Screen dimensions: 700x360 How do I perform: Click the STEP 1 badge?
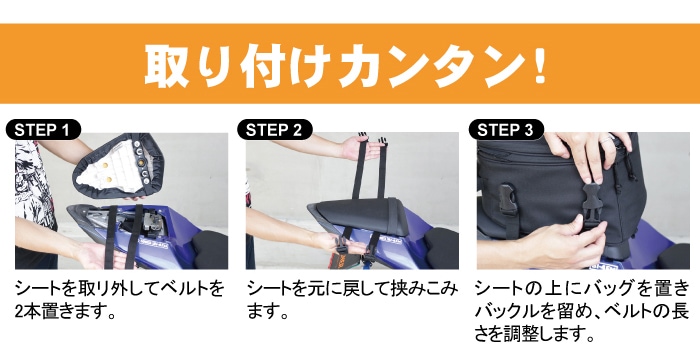(x=43, y=130)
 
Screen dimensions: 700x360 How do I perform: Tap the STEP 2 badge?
(x=275, y=130)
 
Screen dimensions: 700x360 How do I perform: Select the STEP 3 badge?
(x=506, y=130)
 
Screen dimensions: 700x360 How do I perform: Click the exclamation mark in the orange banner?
(x=540, y=65)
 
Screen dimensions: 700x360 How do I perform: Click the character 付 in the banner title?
(x=260, y=65)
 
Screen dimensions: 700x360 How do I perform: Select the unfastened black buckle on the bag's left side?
(x=505, y=201)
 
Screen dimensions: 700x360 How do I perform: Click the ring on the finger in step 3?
(x=606, y=140)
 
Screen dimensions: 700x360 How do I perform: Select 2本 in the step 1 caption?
(x=28, y=312)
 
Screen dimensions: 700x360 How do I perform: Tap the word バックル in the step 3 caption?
(x=503, y=312)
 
